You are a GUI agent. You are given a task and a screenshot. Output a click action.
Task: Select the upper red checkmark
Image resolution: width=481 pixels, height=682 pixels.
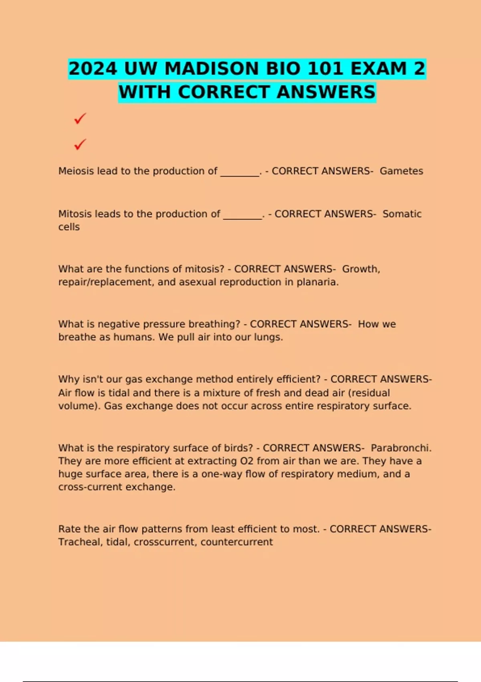80,118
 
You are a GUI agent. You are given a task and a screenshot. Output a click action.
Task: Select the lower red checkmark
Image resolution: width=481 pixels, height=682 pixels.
80,144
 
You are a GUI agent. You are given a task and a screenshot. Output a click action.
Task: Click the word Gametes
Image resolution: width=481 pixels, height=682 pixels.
401,171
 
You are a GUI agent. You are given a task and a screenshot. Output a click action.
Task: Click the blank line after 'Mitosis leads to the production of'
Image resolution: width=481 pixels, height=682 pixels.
243,215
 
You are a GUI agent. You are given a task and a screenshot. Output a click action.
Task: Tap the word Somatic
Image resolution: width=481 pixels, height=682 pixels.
402,214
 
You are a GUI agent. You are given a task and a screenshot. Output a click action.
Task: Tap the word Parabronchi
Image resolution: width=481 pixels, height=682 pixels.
401,448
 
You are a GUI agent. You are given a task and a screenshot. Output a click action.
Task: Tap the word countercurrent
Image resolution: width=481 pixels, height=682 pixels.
236,542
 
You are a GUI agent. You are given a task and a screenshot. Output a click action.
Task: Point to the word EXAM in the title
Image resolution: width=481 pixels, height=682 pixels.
379,69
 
